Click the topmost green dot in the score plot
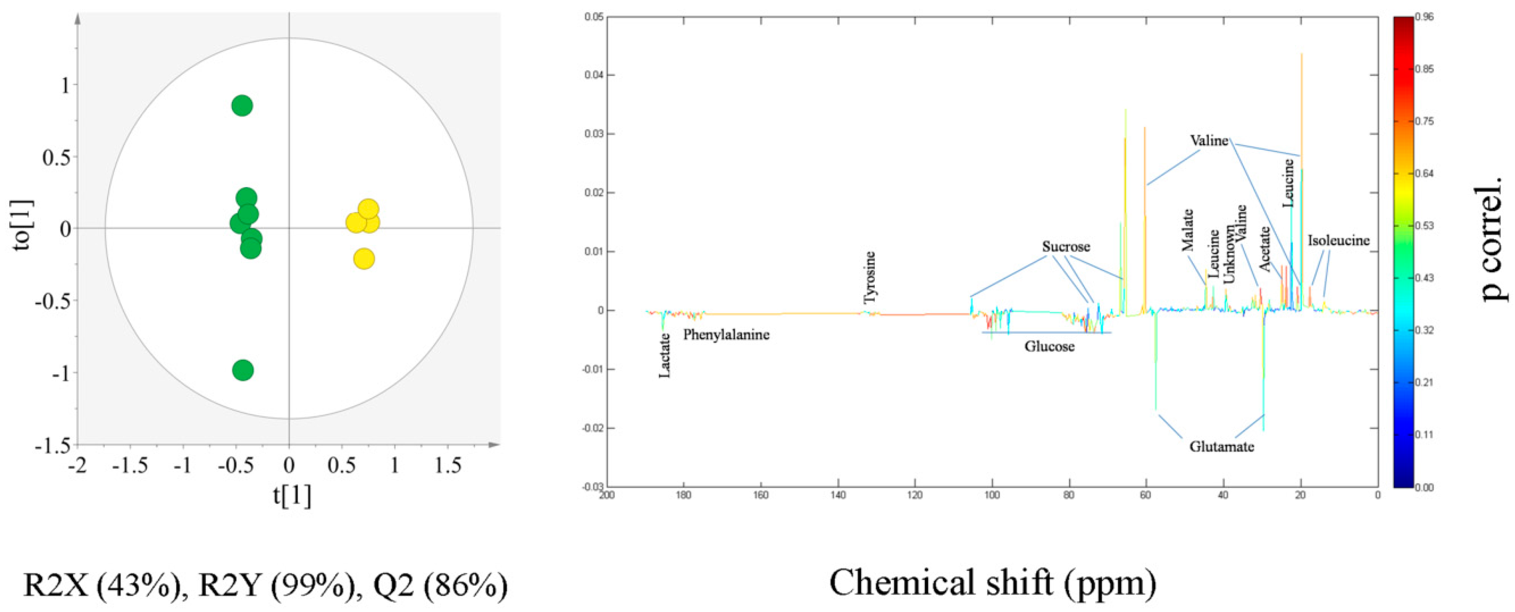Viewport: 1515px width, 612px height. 242,106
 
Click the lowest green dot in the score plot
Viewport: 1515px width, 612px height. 243,370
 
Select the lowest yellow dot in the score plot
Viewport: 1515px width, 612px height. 364,259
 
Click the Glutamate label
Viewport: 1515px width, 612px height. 1222,447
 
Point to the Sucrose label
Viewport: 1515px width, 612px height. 1066,247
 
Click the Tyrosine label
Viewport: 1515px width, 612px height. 870,277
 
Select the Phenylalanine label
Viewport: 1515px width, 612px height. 726,335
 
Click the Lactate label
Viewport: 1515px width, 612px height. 664,356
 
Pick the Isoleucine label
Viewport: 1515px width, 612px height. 1339,241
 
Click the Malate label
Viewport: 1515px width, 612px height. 1188,230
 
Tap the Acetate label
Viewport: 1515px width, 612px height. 1265,249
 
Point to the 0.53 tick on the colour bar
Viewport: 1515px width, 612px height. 1424,226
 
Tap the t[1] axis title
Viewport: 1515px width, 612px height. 292,495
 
